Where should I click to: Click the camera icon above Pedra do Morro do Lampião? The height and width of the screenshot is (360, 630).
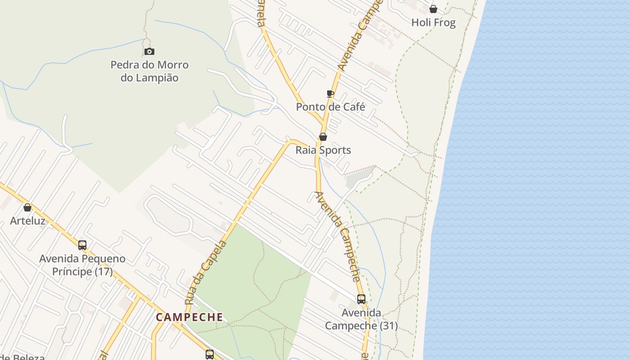click(149, 52)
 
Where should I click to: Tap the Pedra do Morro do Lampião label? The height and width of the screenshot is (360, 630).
click(149, 71)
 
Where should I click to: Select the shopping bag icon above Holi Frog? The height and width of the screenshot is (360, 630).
click(433, 9)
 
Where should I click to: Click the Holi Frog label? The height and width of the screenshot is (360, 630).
click(433, 22)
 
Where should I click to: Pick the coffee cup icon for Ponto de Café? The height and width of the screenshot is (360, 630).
click(330, 94)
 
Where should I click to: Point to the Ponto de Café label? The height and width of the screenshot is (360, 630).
click(330, 107)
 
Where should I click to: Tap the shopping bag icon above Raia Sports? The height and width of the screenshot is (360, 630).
click(323, 137)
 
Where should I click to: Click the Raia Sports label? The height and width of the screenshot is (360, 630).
click(323, 150)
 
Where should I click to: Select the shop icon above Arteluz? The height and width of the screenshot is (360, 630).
click(27, 207)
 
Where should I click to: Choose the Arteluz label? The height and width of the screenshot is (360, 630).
click(27, 220)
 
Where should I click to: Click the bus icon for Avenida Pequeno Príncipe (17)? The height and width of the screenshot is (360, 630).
click(82, 245)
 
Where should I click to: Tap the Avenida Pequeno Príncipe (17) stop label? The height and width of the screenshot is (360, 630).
click(82, 265)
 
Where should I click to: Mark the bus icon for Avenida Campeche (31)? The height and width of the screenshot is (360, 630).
click(361, 299)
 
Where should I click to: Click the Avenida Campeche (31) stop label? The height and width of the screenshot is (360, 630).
click(361, 319)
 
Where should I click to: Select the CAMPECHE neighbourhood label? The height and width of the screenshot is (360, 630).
click(189, 317)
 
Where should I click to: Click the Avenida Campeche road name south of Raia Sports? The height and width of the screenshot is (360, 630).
click(337, 236)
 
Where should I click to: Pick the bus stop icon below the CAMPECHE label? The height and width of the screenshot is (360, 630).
click(210, 354)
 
